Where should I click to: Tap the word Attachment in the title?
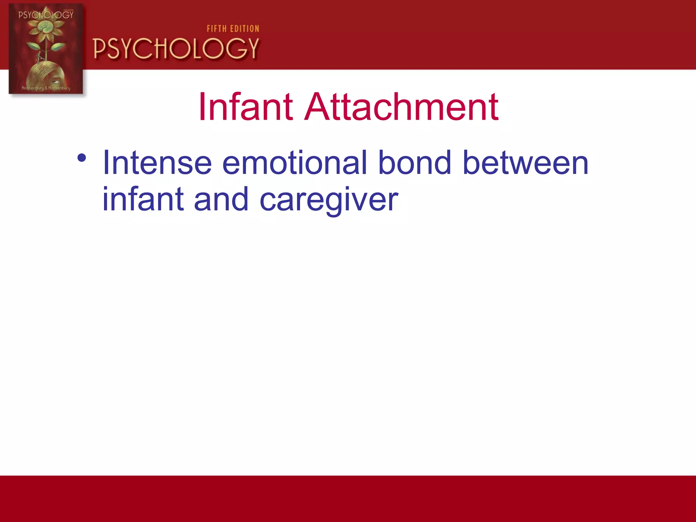[x=401, y=107]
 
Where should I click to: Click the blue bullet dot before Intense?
[x=82, y=158]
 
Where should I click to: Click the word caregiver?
[x=329, y=201]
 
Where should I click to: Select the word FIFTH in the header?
[x=217, y=29]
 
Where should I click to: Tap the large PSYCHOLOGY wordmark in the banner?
[x=176, y=49]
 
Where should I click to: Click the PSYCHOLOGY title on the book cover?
[x=46, y=15]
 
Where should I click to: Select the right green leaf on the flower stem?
[x=58, y=46]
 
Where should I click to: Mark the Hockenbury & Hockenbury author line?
[x=46, y=88]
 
